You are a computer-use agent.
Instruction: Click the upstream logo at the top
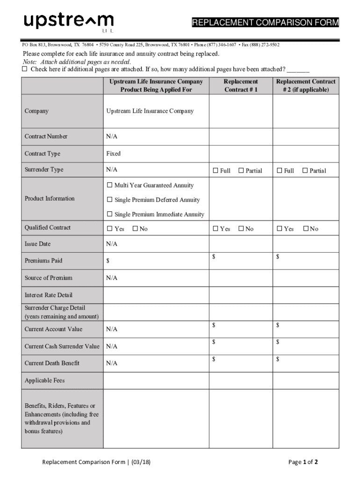point(68,22)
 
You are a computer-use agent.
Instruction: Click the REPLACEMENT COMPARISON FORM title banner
point(265,23)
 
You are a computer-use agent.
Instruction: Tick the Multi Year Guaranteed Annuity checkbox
point(110,185)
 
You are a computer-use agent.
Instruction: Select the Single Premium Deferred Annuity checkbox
point(110,200)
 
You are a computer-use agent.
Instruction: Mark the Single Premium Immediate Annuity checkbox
point(110,214)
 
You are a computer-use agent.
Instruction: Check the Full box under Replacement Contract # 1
point(216,171)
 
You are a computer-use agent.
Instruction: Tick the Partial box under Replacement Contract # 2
point(305,171)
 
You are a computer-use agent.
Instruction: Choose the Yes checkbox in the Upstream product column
point(110,229)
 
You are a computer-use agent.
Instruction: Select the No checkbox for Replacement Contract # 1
point(241,229)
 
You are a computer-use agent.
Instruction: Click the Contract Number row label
point(46,137)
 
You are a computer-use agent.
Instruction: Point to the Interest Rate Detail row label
point(48,295)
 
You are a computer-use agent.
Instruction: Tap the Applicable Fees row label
point(44,380)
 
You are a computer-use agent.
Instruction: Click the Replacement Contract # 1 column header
point(241,85)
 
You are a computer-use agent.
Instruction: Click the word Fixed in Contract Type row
point(113,153)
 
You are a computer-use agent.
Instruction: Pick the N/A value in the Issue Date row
point(112,244)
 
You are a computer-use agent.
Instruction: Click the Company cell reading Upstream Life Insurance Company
point(150,111)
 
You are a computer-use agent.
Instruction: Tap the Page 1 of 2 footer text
point(304,462)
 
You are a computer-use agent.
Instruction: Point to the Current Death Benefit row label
point(52,363)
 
